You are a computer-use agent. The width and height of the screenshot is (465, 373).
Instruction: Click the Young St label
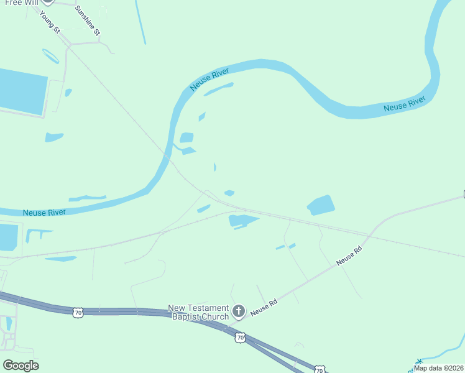[x=49, y=21]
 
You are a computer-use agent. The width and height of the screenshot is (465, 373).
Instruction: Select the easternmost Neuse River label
[x=404, y=104]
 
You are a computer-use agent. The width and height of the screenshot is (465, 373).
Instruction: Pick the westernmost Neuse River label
[x=44, y=212]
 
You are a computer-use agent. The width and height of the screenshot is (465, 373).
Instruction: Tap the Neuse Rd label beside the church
[x=264, y=306]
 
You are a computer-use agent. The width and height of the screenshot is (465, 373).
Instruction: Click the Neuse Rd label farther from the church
[x=349, y=255]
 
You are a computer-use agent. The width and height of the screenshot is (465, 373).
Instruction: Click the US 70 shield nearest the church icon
[x=241, y=338]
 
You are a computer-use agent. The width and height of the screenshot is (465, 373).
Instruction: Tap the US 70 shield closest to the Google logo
[x=78, y=313]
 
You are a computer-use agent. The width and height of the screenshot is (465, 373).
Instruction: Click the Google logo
[x=21, y=366]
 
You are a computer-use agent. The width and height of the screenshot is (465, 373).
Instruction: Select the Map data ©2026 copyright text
[x=439, y=368]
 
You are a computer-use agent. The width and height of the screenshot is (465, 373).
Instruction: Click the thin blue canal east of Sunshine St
[x=141, y=22]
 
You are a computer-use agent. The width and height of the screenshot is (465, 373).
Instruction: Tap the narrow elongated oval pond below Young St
[x=51, y=56]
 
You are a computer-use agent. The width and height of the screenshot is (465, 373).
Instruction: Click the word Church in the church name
[x=214, y=317]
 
